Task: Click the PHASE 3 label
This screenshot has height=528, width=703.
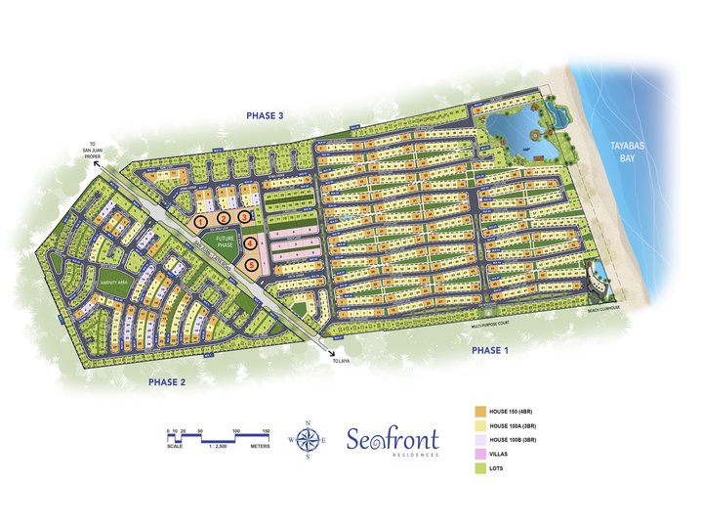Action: click(265, 115)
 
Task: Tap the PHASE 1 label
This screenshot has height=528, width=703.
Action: click(491, 349)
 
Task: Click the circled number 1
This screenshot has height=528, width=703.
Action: click(200, 222)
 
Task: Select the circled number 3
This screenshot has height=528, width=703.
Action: click(245, 216)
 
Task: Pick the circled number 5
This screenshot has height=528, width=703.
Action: click(252, 264)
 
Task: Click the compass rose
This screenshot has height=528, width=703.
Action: click(310, 439)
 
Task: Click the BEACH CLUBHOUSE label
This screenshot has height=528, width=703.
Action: click(603, 308)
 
